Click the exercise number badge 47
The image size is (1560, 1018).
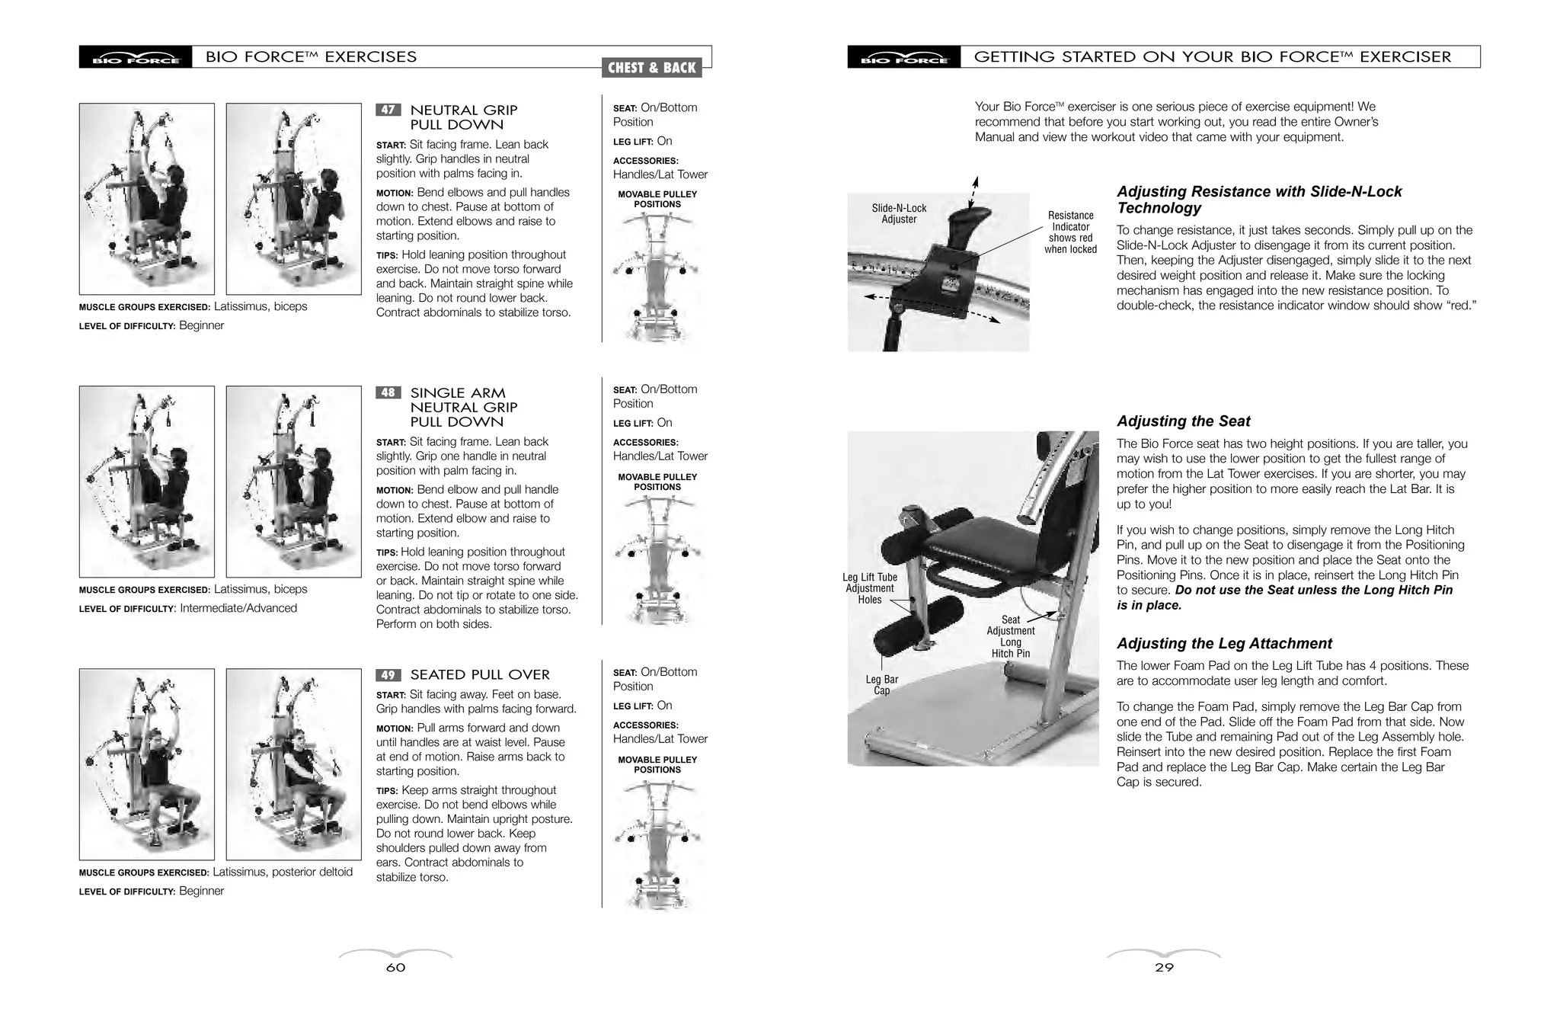(388, 110)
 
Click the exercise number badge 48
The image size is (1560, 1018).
(388, 392)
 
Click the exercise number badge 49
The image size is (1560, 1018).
(388, 675)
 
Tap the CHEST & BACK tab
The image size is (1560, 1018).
(651, 68)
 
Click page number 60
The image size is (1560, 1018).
(395, 968)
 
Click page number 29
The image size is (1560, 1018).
(1164, 968)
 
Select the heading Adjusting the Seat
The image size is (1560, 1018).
(1183, 421)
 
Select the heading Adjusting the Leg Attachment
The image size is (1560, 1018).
(1224, 644)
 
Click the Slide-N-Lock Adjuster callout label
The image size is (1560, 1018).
(899, 213)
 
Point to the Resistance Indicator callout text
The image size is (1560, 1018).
(1070, 232)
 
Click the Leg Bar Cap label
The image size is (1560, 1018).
(881, 685)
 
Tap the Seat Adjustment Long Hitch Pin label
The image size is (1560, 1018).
(1010, 637)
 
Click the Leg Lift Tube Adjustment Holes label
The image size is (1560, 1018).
(870, 588)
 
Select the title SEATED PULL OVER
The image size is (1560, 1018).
(480, 675)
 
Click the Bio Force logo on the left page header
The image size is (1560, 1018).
(136, 58)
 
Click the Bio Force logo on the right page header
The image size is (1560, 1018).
(904, 58)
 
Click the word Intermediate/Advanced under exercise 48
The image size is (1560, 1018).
(238, 608)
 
